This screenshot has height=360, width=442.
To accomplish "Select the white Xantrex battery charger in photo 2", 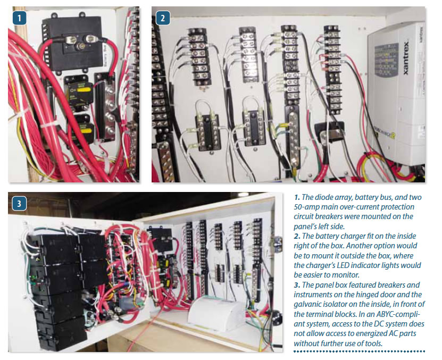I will coord(395,96).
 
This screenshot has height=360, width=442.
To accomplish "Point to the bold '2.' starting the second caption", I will coord(297,236).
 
